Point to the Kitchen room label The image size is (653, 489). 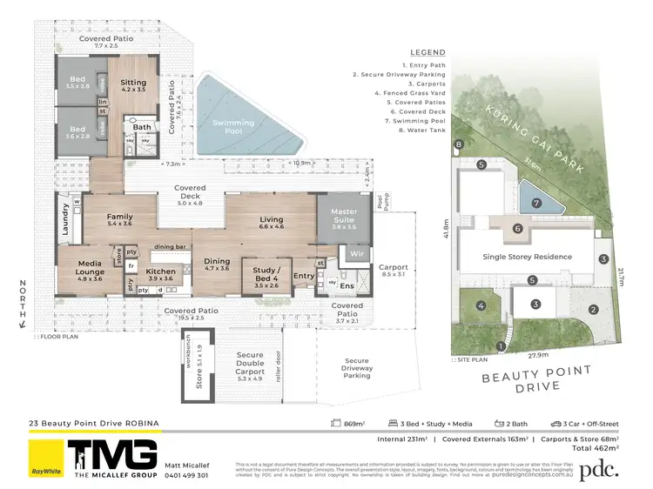point(161,274)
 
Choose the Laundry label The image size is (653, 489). point(64,219)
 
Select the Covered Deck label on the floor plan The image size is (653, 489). point(190,193)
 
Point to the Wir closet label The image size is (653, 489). point(356,253)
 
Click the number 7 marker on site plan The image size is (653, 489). point(536,203)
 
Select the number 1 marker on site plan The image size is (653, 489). point(500,346)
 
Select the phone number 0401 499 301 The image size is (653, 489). point(186,475)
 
